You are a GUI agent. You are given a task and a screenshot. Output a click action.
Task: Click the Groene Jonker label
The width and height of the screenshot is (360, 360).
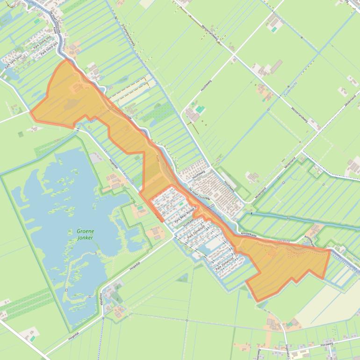pyautogui.click(x=85, y=234)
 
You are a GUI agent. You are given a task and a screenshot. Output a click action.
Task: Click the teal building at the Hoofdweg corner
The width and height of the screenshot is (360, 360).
pyautogui.click(x=200, y=109)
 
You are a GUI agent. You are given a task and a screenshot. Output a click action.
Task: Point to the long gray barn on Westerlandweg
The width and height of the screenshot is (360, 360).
pyautogui.click(x=275, y=66)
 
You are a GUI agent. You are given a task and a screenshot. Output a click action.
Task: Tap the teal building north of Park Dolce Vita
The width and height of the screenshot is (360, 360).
pyautogui.click(x=36, y=21)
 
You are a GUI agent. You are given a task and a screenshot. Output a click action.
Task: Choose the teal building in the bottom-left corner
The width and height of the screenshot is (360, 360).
pyautogui.click(x=33, y=337)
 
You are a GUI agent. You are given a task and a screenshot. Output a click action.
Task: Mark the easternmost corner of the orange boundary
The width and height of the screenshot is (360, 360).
pyautogui.click(x=330, y=251)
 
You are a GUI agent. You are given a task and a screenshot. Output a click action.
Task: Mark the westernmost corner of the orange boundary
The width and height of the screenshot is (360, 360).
pyautogui.click(x=31, y=112)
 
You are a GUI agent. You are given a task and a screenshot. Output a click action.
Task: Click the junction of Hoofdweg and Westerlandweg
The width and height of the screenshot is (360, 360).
pyautogui.click(x=234, y=56)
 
